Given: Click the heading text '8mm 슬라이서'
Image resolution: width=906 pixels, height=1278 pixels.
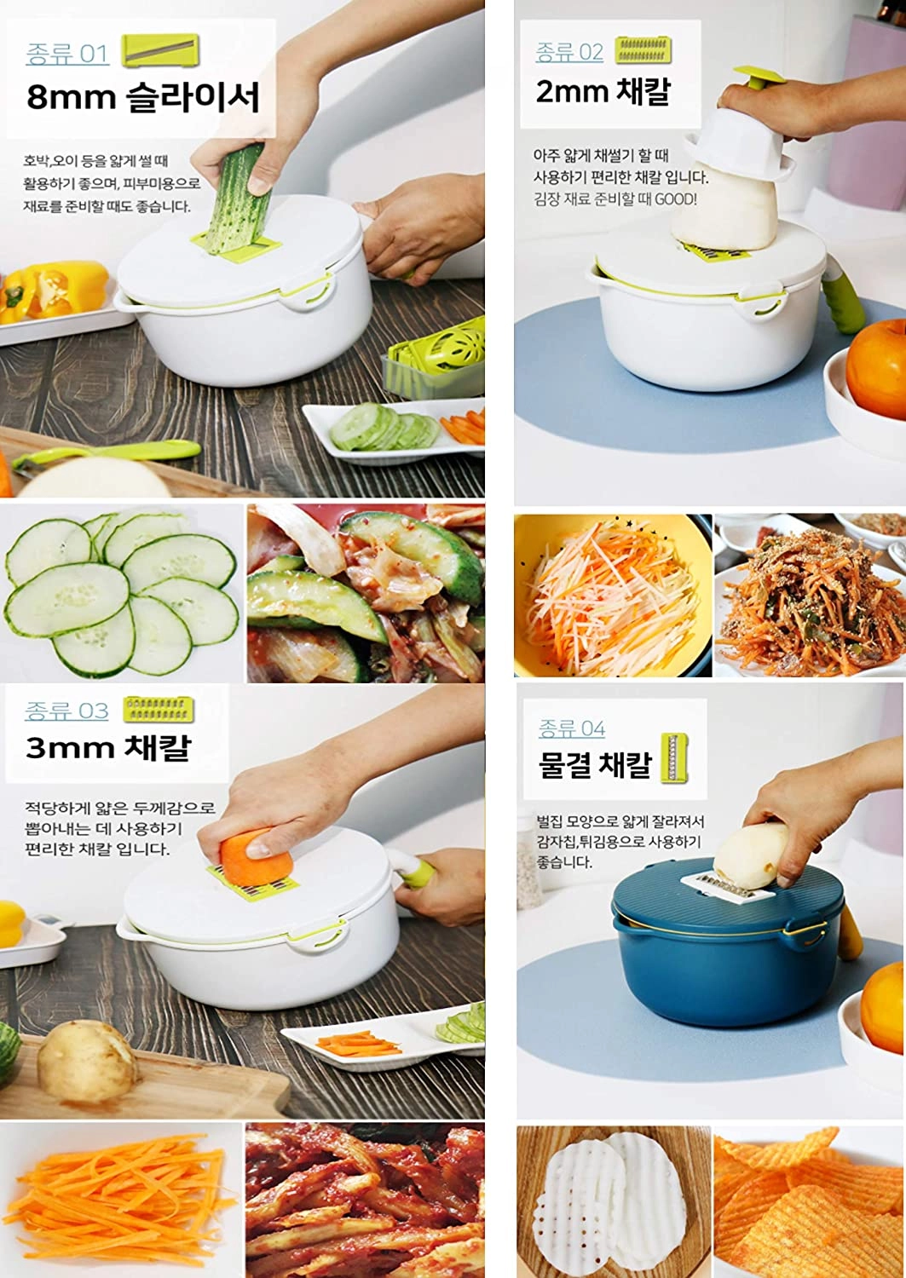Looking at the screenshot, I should tap(142, 97).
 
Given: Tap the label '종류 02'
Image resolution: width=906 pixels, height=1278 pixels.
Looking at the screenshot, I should tap(569, 53).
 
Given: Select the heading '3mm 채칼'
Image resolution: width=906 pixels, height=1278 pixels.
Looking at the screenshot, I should tap(108, 747).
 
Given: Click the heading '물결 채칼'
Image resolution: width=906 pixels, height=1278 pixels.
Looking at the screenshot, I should tap(595, 764).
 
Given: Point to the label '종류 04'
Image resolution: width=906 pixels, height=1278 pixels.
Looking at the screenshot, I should tap(572, 728).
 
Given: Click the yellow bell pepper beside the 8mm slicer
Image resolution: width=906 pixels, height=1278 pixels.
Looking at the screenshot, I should tap(55, 290).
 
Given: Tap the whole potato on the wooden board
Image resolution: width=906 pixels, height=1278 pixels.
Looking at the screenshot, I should tap(86, 1062).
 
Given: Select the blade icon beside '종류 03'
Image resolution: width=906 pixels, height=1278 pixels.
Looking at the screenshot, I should tap(159, 709).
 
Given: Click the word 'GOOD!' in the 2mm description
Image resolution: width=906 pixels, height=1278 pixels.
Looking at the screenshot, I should tap(676, 199).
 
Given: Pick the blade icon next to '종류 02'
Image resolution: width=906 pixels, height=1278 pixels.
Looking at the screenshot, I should tap(643, 49).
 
